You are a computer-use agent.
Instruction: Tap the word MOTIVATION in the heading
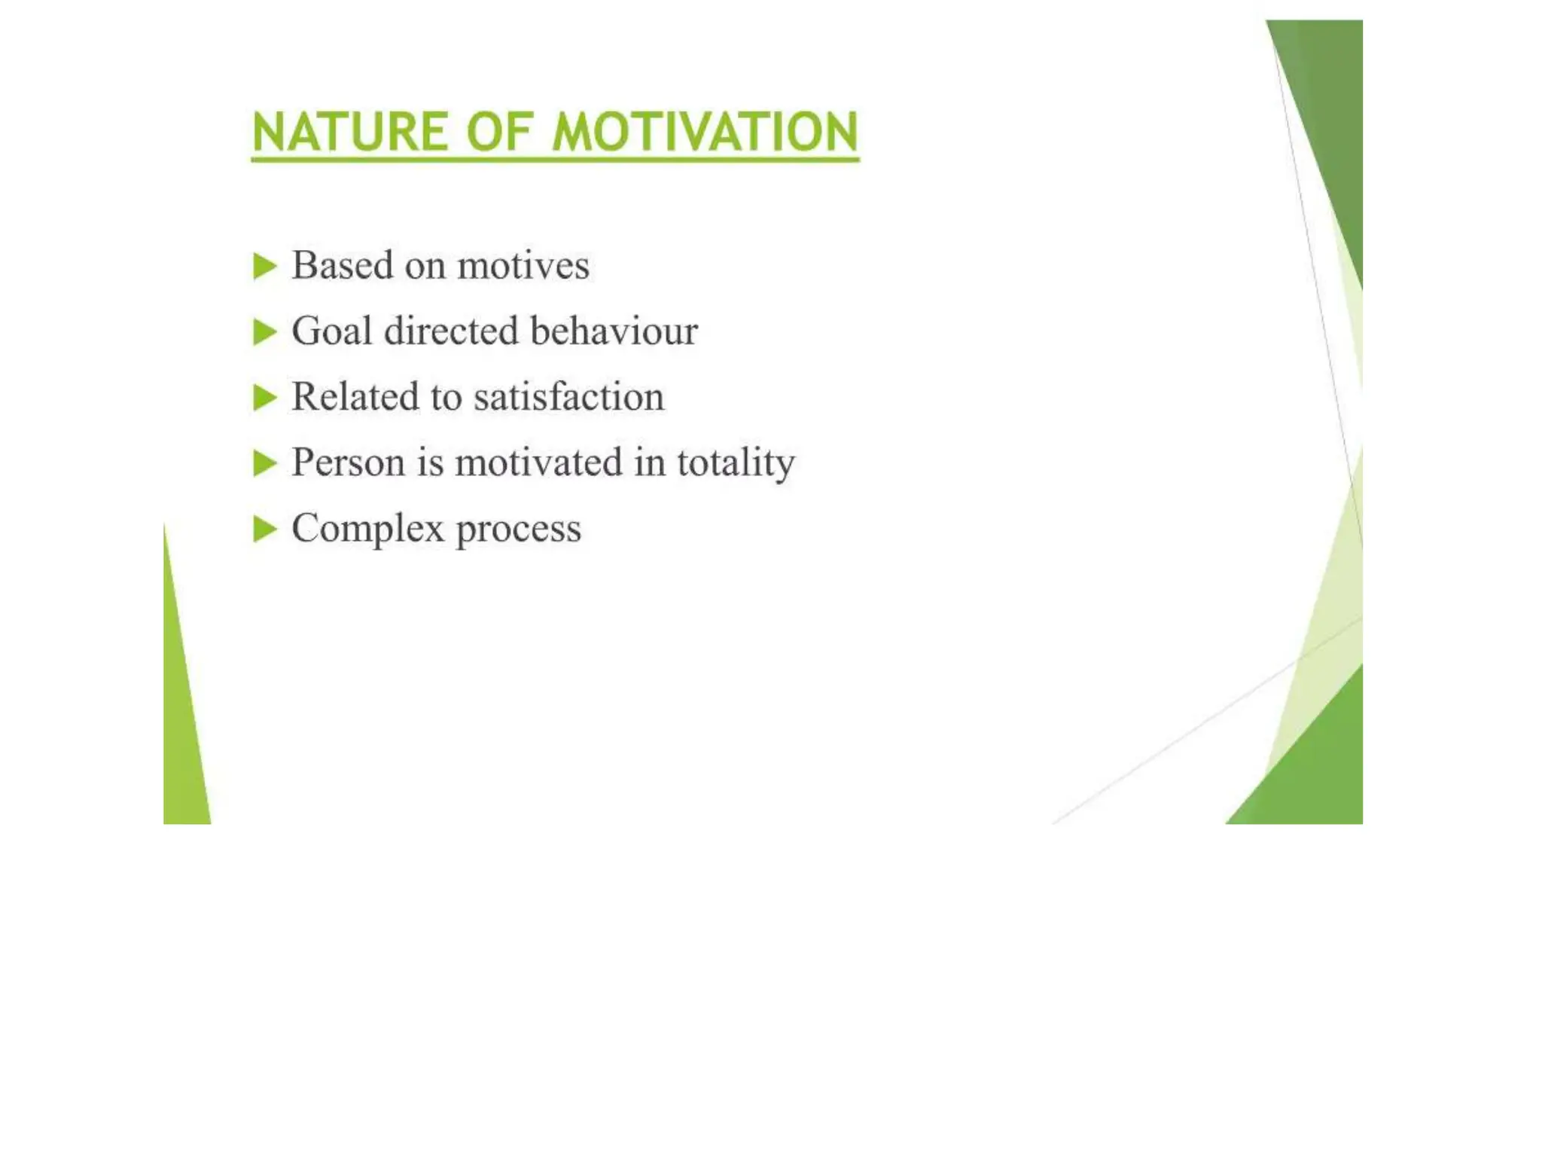pos(705,133)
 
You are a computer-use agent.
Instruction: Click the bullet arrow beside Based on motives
pos(264,267)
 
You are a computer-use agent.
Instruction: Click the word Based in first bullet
pos(343,265)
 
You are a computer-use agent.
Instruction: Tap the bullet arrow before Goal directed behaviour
pos(264,332)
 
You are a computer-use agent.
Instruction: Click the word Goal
pos(331,331)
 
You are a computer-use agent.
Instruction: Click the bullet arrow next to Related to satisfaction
pos(264,398)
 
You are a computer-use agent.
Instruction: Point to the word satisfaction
pos(569,397)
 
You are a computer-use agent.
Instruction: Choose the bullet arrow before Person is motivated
pos(264,463)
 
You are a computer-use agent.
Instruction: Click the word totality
pos(736,463)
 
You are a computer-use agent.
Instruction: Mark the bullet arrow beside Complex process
pos(264,529)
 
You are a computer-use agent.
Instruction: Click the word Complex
pos(367,529)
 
